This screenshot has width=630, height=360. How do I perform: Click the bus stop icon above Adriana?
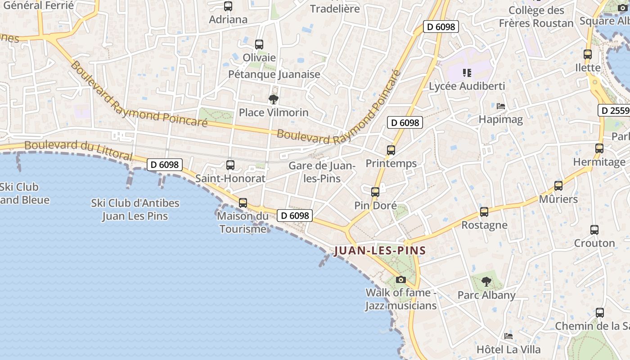pyautogui.click(x=228, y=6)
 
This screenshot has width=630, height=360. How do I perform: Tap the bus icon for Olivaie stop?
pyautogui.click(x=259, y=45)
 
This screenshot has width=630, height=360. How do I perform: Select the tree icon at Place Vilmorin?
pyautogui.click(x=273, y=99)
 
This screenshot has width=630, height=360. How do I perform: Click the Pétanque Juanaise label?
pyautogui.click(x=274, y=74)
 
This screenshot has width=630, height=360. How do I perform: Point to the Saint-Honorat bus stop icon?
pyautogui.click(x=230, y=165)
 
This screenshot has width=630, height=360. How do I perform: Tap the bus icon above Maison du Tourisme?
pyautogui.click(x=243, y=203)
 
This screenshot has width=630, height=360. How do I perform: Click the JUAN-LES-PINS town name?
pyautogui.click(x=380, y=251)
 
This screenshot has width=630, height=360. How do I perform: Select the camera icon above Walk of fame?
pyautogui.click(x=400, y=279)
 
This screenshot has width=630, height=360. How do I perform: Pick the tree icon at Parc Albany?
pyautogui.click(x=486, y=282)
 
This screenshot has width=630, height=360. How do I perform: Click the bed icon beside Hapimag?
pyautogui.click(x=501, y=106)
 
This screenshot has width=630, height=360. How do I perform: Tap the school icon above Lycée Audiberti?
pyautogui.click(x=467, y=72)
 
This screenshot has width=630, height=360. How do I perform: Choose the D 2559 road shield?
pyautogui.click(x=614, y=110)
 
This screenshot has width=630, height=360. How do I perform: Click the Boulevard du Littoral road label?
pyautogui.click(x=78, y=150)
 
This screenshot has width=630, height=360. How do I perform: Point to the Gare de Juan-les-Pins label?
pyautogui.click(x=322, y=172)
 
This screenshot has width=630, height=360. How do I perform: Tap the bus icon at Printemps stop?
pyautogui.click(x=391, y=150)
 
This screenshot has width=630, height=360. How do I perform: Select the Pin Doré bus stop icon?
pyautogui.click(x=375, y=192)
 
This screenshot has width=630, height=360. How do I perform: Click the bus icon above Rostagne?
pyautogui.click(x=484, y=212)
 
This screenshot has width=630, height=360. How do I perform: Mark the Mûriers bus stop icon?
pyautogui.click(x=558, y=186)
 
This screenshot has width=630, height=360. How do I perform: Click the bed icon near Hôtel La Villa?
pyautogui.click(x=508, y=336)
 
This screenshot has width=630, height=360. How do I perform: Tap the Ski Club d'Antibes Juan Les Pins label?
pyautogui.click(x=135, y=210)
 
